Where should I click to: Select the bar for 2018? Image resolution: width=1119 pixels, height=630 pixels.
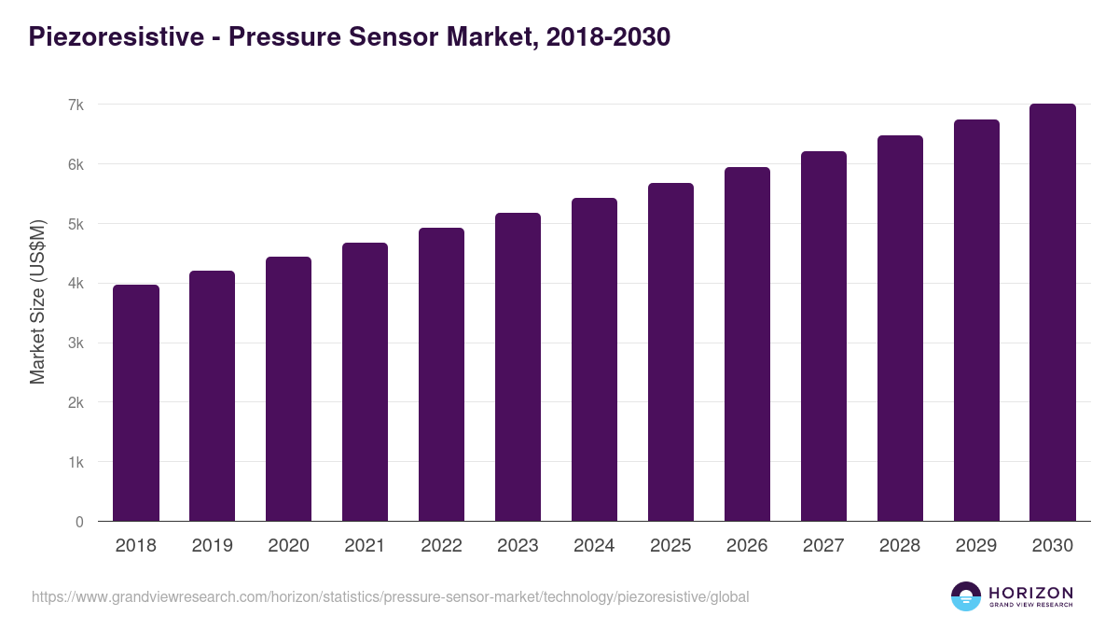[136, 403]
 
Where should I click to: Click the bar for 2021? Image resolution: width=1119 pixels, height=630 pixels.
[365, 383]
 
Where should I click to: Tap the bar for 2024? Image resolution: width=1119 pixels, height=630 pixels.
[594, 360]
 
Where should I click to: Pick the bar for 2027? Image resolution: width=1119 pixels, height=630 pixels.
[823, 337]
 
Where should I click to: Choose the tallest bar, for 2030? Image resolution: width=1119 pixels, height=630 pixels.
[1052, 313]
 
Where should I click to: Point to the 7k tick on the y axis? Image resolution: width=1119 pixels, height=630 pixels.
[76, 105]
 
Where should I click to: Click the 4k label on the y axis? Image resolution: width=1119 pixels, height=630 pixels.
[76, 284]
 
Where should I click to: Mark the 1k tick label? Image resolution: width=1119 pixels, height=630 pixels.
[76, 463]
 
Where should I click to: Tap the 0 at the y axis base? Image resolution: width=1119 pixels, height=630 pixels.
[79, 523]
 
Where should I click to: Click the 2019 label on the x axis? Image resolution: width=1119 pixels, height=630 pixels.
[212, 546]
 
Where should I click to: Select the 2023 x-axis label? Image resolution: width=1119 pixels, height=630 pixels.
[518, 546]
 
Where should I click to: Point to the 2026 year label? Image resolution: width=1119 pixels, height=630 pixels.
[747, 546]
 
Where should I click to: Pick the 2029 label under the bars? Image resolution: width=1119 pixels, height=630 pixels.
[975, 546]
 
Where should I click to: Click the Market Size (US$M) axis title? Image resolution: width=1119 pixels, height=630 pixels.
[37, 301]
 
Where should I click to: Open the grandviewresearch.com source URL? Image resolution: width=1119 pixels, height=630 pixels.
[390, 596]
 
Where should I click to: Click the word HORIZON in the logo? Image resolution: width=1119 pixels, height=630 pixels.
[1030, 593]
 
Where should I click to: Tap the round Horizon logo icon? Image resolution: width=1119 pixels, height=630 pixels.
[966, 596]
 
